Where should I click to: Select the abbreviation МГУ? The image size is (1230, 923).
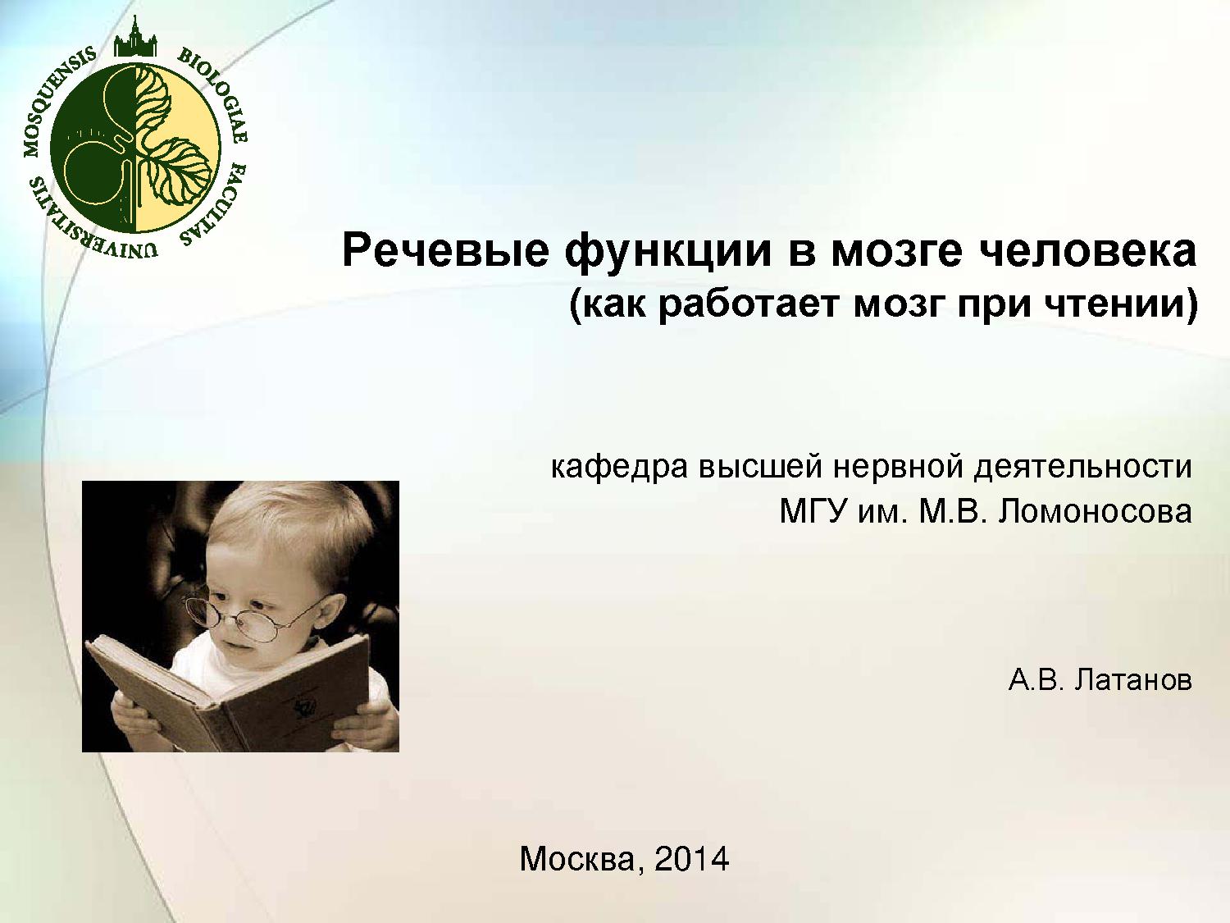pos(812,511)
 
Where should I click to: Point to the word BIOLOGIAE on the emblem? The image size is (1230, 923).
pos(216,93)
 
